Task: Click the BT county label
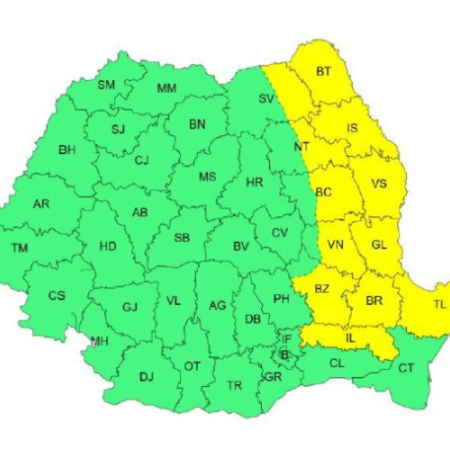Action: (323, 71)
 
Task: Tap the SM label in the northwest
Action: (106, 85)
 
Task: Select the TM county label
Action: (19, 247)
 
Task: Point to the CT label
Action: (406, 368)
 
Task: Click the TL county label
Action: (439, 305)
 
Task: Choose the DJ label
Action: (147, 378)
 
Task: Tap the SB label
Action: (181, 238)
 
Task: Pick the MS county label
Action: (208, 176)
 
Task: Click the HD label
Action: (107, 246)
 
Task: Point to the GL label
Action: (380, 245)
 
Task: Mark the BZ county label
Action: (322, 288)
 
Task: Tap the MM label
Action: (166, 88)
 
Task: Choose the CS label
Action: (57, 295)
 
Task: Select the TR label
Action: (234, 385)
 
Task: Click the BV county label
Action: (240, 246)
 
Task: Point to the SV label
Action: (266, 98)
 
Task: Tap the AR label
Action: (41, 204)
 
